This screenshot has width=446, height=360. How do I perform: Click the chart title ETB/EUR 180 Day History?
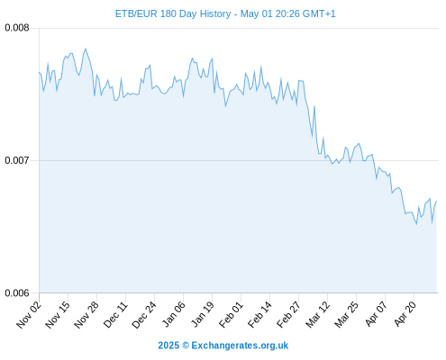173,13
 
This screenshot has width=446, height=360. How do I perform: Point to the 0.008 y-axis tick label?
17,28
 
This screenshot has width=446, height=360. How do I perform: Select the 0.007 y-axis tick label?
17,160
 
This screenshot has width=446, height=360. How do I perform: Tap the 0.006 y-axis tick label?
17,292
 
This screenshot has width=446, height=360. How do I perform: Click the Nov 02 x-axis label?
29,315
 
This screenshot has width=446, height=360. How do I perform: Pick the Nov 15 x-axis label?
58,315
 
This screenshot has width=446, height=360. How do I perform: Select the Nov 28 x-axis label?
86,315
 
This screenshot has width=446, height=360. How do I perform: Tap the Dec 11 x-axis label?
115,315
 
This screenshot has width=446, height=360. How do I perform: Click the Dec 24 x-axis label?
144,315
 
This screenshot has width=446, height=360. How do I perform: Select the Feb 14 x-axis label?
259,315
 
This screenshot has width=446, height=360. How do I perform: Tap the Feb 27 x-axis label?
288,315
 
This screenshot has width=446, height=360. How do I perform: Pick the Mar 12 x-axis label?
317,315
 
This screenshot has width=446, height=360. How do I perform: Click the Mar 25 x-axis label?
346,315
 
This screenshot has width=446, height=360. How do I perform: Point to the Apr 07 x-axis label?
376,314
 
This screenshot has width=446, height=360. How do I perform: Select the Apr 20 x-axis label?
405,314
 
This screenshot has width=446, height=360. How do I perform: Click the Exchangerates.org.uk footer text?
240,346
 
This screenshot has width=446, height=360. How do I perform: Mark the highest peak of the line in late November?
86,49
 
